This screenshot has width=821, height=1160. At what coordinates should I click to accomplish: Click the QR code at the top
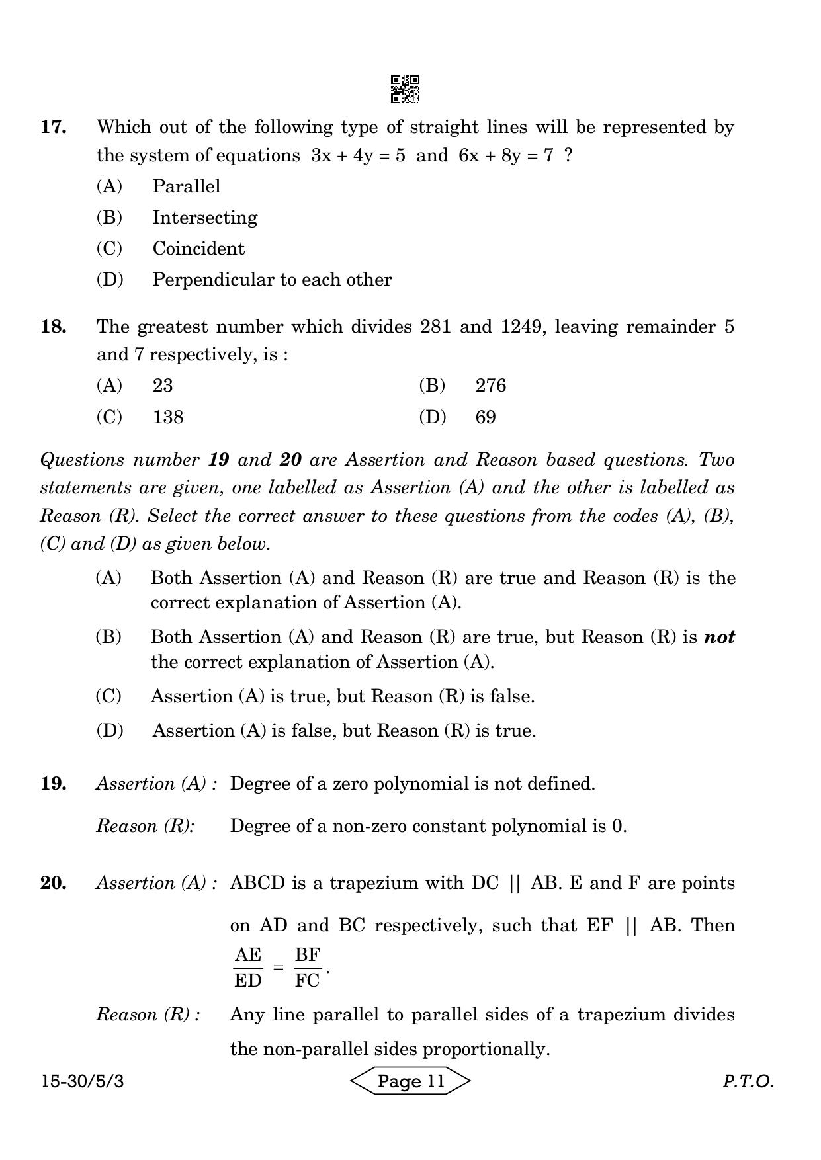tap(404, 89)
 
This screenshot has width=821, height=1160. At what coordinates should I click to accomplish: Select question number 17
tap(54, 126)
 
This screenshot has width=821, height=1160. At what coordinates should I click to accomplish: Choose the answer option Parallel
tap(186, 186)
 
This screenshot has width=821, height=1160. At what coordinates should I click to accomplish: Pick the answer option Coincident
tap(198, 249)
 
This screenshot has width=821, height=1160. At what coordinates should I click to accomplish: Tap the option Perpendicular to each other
tap(272, 280)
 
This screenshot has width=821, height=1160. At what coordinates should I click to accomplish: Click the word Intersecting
tap(205, 218)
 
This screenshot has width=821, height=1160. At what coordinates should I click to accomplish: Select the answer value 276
tap(490, 386)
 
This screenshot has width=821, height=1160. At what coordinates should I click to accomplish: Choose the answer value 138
tap(168, 417)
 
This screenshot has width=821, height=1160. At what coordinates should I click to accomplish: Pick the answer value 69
tap(486, 417)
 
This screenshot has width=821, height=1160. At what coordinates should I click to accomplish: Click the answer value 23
tap(163, 386)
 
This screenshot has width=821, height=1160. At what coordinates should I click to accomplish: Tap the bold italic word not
tap(719, 637)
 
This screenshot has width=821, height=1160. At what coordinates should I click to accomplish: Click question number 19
tap(54, 784)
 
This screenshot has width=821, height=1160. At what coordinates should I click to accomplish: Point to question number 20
tap(54, 883)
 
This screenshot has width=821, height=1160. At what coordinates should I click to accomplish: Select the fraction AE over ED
tap(248, 968)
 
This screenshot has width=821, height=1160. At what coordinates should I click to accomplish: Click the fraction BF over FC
tap(308, 968)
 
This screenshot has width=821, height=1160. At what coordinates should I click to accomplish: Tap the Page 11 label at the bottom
tap(410, 1081)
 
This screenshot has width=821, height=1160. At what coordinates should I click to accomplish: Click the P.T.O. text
tap(748, 1081)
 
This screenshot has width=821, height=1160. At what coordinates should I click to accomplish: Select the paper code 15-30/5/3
tap(82, 1081)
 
